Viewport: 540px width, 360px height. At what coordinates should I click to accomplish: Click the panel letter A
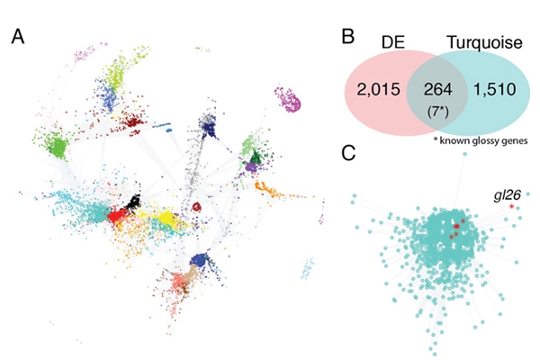click(x=18, y=39)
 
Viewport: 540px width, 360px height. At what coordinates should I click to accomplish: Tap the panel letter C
click(x=353, y=152)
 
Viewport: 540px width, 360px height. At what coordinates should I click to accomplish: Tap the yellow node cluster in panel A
click(x=167, y=219)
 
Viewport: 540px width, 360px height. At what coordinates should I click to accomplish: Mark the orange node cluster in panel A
click(x=267, y=190)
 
